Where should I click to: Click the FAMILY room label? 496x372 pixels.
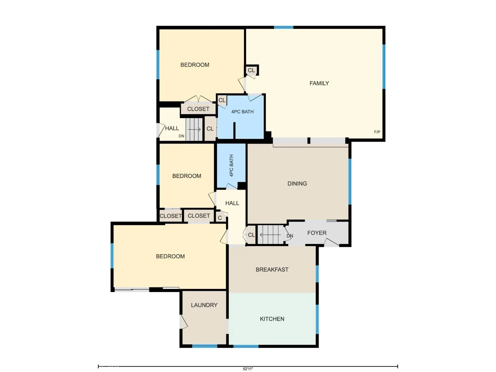(x=319, y=83)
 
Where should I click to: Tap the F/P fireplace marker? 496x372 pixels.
(x=377, y=132)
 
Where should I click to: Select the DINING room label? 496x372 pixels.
(x=297, y=184)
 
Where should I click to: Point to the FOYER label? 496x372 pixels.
(x=317, y=232)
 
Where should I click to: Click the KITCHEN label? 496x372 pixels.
(x=272, y=319)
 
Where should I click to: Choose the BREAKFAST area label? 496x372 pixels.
(x=272, y=269)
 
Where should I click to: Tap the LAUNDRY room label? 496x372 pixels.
(x=204, y=305)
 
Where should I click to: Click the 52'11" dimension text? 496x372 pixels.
(x=248, y=369)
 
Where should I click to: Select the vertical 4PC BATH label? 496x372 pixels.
(x=231, y=166)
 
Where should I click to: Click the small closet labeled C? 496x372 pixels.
(x=220, y=218)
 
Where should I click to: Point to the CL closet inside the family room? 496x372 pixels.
(x=251, y=70)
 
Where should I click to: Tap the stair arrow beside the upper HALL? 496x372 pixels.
(x=194, y=129)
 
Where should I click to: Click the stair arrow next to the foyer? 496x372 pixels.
(x=270, y=235)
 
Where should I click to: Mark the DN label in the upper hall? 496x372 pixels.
(x=181, y=136)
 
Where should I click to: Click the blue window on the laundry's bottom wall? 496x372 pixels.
(x=205, y=346)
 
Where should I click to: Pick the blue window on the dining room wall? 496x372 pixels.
(x=350, y=182)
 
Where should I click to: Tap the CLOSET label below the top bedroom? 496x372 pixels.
(x=198, y=109)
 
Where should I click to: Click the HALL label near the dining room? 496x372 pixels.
(x=232, y=203)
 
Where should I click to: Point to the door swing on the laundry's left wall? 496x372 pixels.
(x=184, y=322)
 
